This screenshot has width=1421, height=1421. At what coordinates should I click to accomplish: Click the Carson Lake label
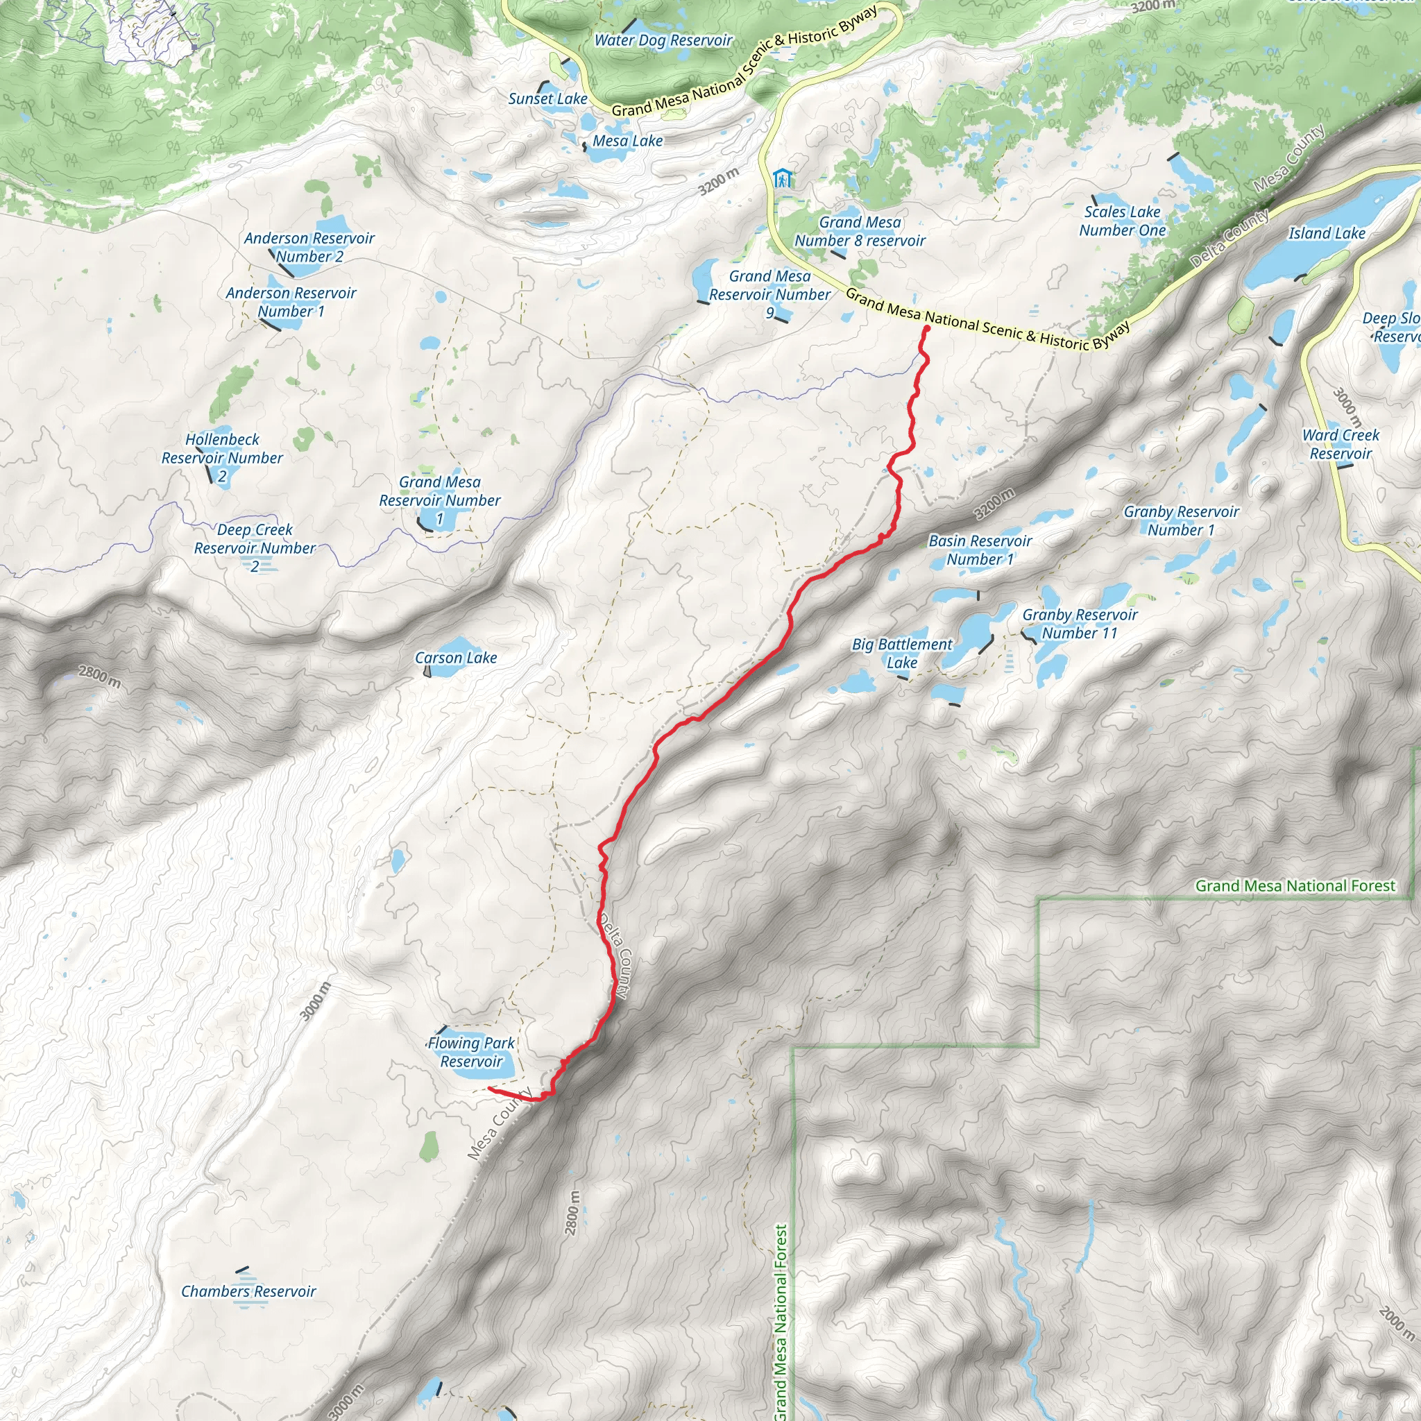[x=455, y=658]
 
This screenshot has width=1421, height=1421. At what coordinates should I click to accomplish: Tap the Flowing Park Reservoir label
[x=470, y=1052]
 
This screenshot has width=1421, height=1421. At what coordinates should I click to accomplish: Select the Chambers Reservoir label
[x=248, y=1291]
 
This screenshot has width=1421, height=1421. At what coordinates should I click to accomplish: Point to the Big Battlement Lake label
[x=902, y=653]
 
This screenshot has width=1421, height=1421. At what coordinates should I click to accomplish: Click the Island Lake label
[x=1327, y=233]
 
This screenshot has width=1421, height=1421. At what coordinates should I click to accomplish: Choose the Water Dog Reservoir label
[x=663, y=40]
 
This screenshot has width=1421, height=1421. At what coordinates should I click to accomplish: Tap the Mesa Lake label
[x=627, y=140]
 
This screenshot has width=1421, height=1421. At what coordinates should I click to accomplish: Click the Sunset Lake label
[x=547, y=99]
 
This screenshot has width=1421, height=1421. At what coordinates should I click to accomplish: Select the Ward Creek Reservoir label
[x=1341, y=444]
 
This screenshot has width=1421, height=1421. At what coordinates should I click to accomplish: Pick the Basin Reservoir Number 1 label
[x=980, y=550]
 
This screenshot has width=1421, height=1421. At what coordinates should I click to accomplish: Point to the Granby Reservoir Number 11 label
[x=1080, y=624]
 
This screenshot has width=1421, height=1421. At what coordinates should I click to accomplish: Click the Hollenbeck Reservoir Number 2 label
[x=222, y=457]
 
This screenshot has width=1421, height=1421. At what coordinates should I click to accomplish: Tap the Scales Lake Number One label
[x=1123, y=221]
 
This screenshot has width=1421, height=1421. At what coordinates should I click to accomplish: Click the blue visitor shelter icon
[x=783, y=178]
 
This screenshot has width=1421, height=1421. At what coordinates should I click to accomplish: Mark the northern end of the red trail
[x=926, y=329]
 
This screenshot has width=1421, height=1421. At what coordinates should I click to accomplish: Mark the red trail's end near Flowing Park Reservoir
[x=489, y=1088]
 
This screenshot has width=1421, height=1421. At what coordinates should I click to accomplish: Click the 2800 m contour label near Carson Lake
[x=100, y=676]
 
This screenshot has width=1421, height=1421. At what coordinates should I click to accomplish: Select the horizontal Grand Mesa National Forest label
[x=1295, y=885]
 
